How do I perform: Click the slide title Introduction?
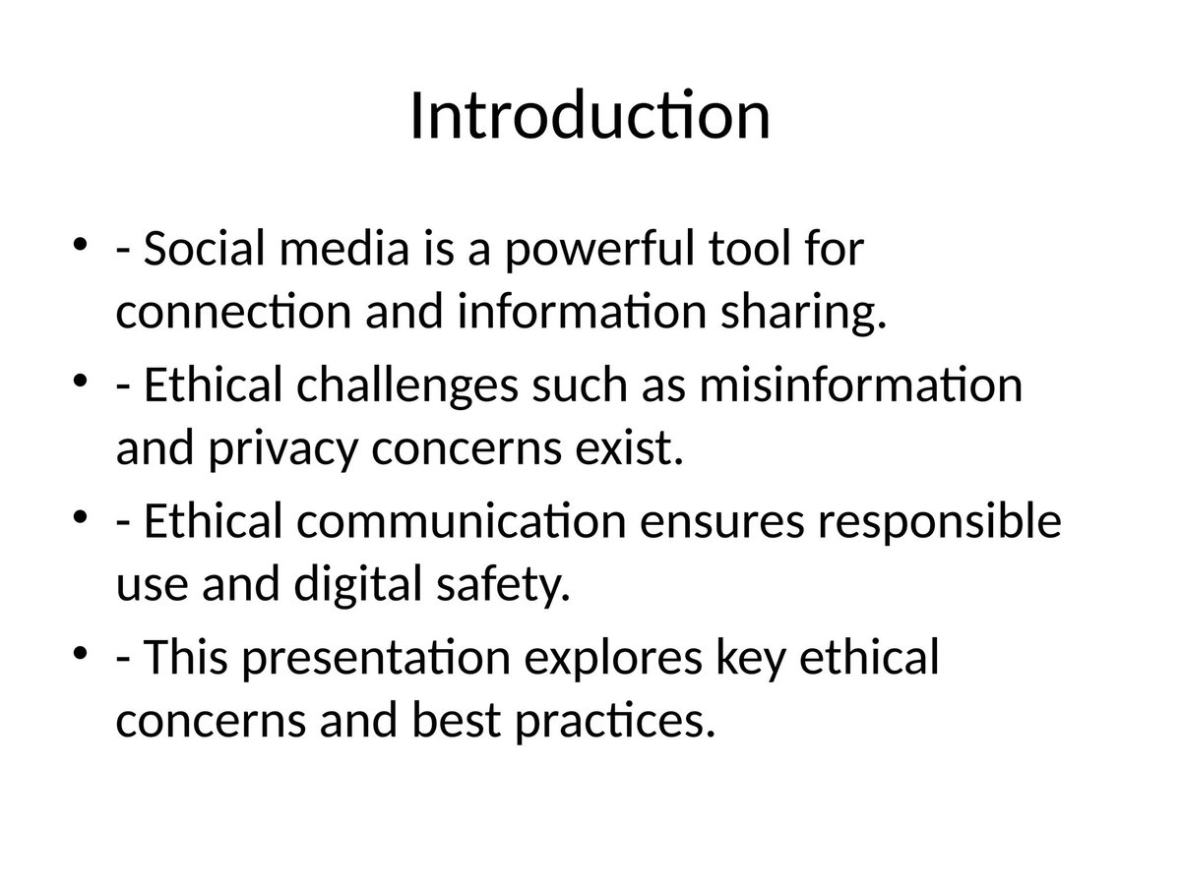(x=589, y=116)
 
